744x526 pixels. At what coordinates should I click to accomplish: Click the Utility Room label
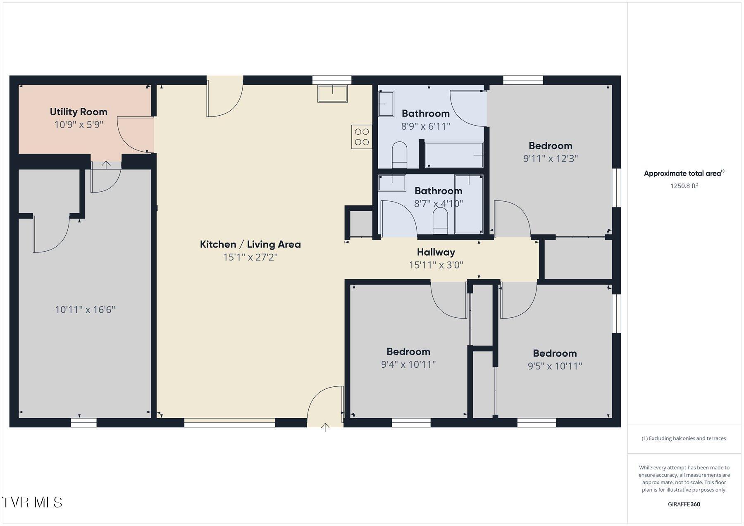(79, 112)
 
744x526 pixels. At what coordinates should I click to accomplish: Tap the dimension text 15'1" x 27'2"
(250, 257)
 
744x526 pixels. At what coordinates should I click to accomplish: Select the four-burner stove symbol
(362, 137)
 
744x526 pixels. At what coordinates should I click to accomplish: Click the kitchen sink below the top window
(332, 93)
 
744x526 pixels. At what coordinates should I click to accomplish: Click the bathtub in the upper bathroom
(454, 155)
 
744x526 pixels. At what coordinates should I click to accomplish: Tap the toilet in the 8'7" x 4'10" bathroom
(440, 220)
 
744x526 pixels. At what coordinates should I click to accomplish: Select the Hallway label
(436, 252)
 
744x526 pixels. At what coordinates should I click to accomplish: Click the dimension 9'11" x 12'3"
(550, 158)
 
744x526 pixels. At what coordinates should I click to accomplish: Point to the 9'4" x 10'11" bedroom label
(408, 352)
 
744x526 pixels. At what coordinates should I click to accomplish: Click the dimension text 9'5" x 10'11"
(555, 366)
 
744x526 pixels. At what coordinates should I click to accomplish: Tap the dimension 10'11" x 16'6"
(85, 309)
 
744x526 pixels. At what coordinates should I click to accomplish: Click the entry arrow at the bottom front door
(325, 427)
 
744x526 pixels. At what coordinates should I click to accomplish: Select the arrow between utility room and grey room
(106, 165)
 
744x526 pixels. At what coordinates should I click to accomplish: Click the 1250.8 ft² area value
(684, 186)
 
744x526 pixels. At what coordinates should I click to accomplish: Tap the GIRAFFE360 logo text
(684, 504)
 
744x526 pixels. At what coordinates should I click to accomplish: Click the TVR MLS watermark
(32, 502)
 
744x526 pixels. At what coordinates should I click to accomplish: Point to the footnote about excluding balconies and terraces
(684, 438)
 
